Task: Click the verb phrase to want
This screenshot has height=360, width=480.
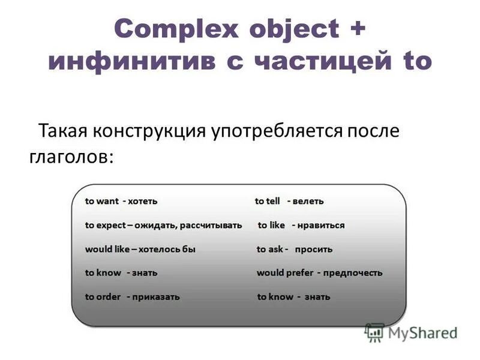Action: click(102, 201)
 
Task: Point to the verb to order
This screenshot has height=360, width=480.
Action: click(103, 296)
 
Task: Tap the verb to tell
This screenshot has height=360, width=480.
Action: click(268, 201)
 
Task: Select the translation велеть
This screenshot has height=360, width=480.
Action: click(308, 201)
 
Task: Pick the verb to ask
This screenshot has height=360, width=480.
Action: click(270, 249)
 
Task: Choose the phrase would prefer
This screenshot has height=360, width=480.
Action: click(285, 272)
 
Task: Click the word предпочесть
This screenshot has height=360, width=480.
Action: click(353, 272)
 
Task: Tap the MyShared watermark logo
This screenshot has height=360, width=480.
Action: click(412, 332)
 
